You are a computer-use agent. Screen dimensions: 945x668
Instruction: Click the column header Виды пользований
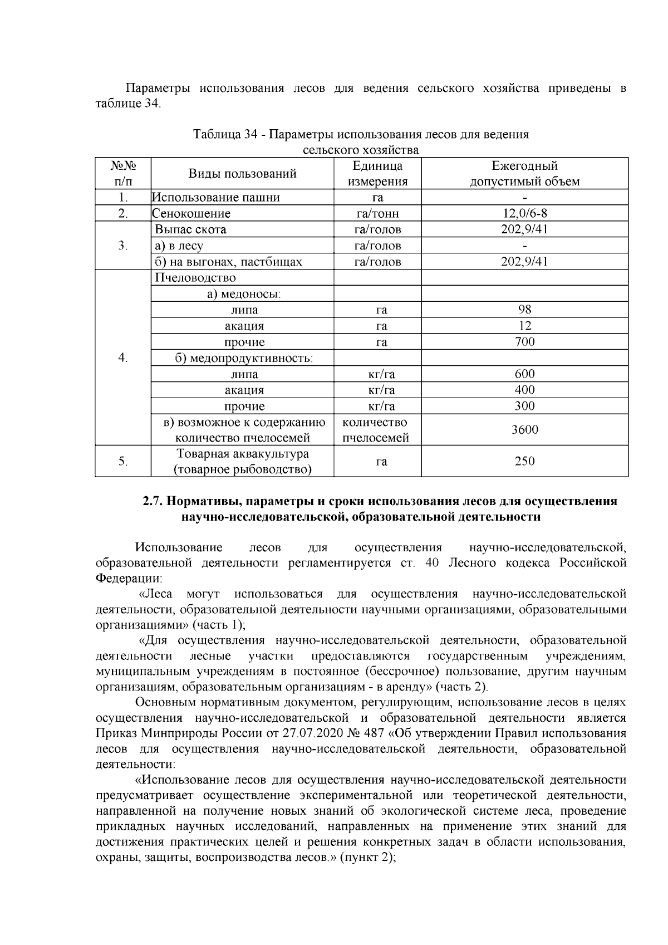[242, 174]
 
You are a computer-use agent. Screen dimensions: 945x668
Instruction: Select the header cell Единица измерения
[377, 174]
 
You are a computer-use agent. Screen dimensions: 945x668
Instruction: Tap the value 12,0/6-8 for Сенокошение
[524, 213]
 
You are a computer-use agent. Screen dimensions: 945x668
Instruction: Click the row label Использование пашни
[216, 198]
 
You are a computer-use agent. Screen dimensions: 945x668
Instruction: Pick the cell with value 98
[524, 310]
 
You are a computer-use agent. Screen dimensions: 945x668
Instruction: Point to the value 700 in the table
[524, 342]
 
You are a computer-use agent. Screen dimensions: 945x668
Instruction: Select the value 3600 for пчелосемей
[524, 429]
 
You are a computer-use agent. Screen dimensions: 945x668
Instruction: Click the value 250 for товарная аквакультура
[524, 461]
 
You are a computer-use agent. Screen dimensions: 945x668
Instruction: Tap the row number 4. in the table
[123, 358]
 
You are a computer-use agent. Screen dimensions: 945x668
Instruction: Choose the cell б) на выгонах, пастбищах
[228, 262]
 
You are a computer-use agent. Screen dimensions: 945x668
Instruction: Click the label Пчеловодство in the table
[195, 278]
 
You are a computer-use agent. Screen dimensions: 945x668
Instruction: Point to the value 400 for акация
[524, 390]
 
